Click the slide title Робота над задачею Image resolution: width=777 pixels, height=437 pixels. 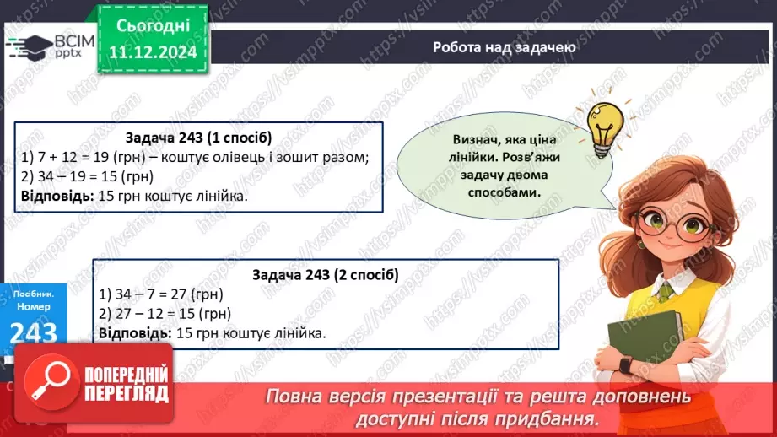[505, 47]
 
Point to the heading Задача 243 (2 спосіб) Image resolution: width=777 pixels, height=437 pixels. [325, 275]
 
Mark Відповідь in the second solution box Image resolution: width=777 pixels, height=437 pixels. [134, 333]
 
